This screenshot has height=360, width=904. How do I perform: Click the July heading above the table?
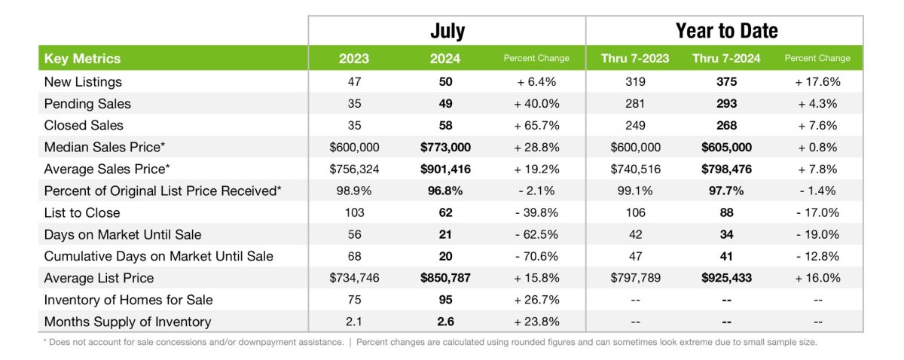(447, 31)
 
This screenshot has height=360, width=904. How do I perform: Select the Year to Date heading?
(726, 31)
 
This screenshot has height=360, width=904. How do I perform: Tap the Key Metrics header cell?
(83, 59)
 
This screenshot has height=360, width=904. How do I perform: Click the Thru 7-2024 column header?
(726, 59)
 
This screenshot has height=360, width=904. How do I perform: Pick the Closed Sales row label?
(84, 125)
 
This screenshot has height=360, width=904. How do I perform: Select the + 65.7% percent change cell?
(536, 125)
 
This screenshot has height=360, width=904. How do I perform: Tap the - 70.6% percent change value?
(536, 256)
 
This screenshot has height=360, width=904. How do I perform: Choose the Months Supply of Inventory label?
(127, 322)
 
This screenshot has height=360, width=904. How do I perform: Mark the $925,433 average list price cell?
(726, 278)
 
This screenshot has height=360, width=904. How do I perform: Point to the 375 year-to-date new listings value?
(726, 81)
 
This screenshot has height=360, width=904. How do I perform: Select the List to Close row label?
(82, 212)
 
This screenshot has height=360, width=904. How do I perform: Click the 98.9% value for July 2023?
(355, 191)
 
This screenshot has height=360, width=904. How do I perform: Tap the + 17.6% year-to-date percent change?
(817, 81)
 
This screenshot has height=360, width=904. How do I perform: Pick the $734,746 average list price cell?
(355, 278)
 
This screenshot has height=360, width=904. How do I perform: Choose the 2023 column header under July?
(355, 59)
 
